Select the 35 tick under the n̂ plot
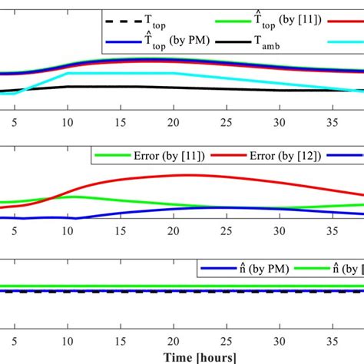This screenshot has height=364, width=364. tap(333, 339)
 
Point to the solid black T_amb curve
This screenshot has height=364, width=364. tap(115, 87)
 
